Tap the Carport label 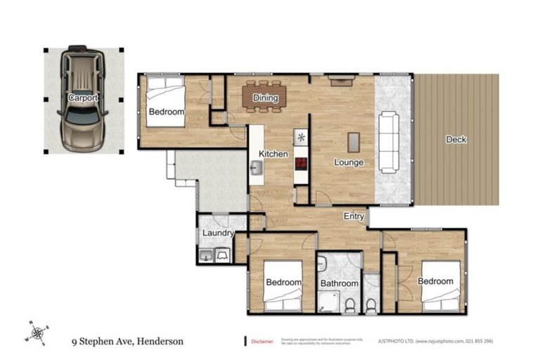(83, 98)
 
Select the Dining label (265, 98)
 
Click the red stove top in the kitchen (302, 164)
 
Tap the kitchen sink (256, 168)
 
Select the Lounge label (348, 162)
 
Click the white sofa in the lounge (389, 143)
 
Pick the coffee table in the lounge (354, 143)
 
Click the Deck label (456, 139)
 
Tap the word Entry (353, 217)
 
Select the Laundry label (218, 233)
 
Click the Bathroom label (339, 283)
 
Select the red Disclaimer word (262, 342)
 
